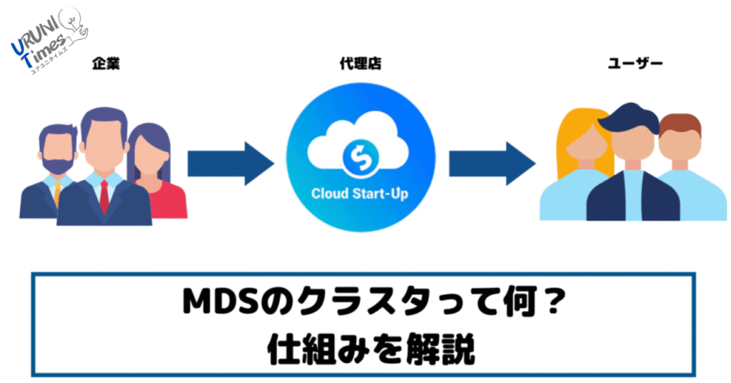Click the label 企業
(105, 64)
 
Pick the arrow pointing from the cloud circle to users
(492, 164)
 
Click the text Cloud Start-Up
(360, 194)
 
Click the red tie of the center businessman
(104, 196)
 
